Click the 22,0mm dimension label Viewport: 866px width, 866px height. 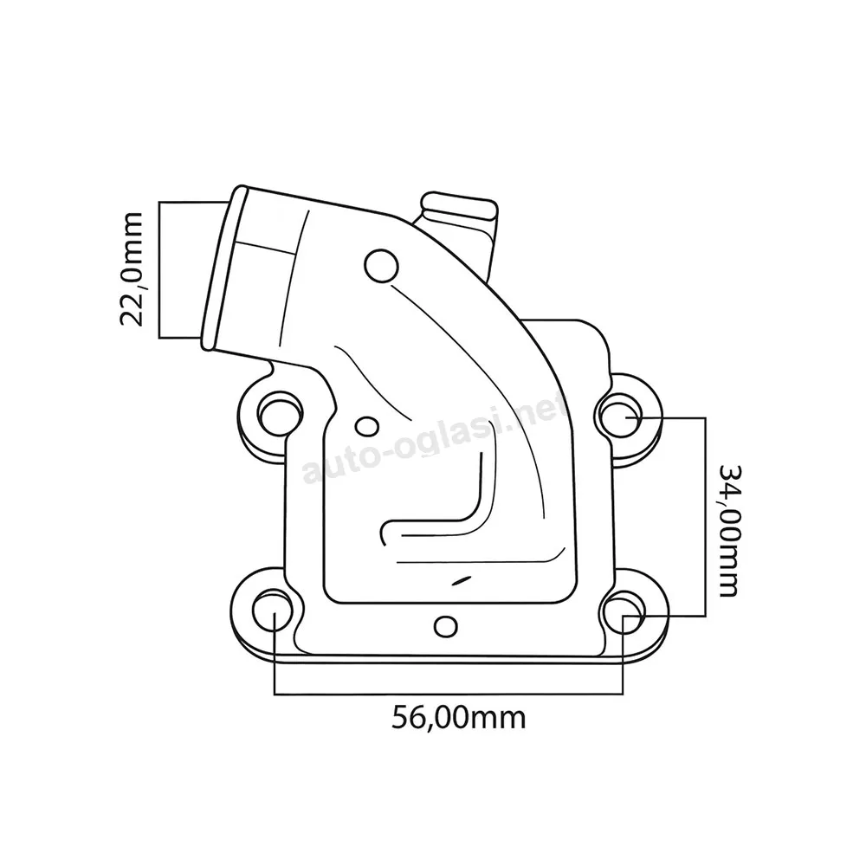[132, 268]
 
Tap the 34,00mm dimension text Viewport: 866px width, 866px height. [728, 531]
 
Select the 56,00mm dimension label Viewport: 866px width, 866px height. [458, 717]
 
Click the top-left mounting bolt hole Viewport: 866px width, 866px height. [280, 412]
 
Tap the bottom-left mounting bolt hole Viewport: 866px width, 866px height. [274, 612]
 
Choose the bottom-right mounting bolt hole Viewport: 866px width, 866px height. [622, 612]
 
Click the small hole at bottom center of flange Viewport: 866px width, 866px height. [445, 626]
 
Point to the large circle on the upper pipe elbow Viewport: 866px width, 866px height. [382, 266]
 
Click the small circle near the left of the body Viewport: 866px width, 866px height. [366, 426]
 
